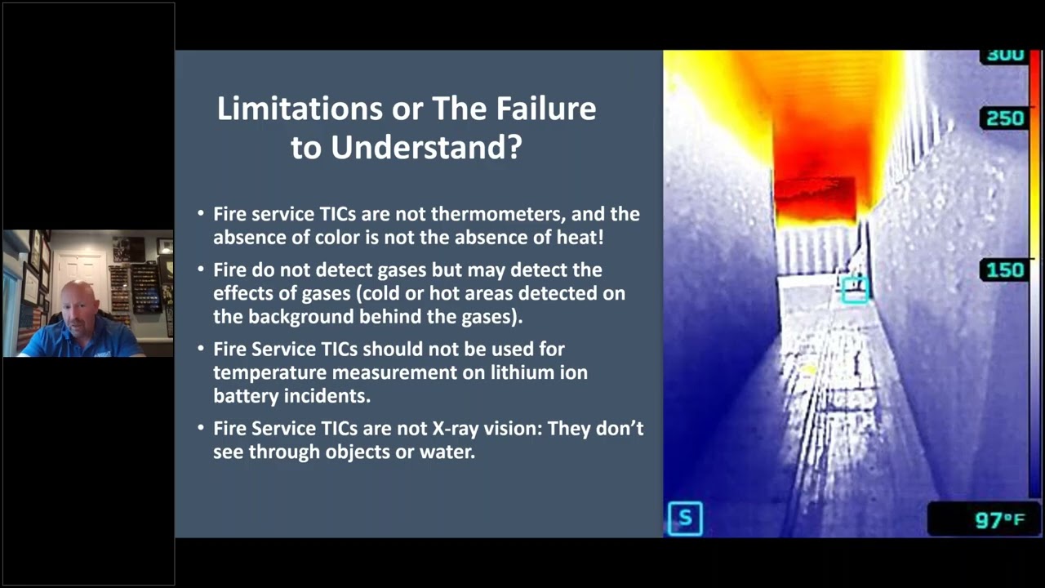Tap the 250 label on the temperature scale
[1004, 118]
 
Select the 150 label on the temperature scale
[1004, 270]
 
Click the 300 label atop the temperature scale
[1004, 56]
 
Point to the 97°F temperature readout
[1000, 520]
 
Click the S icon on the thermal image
[685, 518]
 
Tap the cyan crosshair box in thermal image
[855, 289]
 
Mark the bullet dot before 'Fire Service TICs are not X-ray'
[201, 428]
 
